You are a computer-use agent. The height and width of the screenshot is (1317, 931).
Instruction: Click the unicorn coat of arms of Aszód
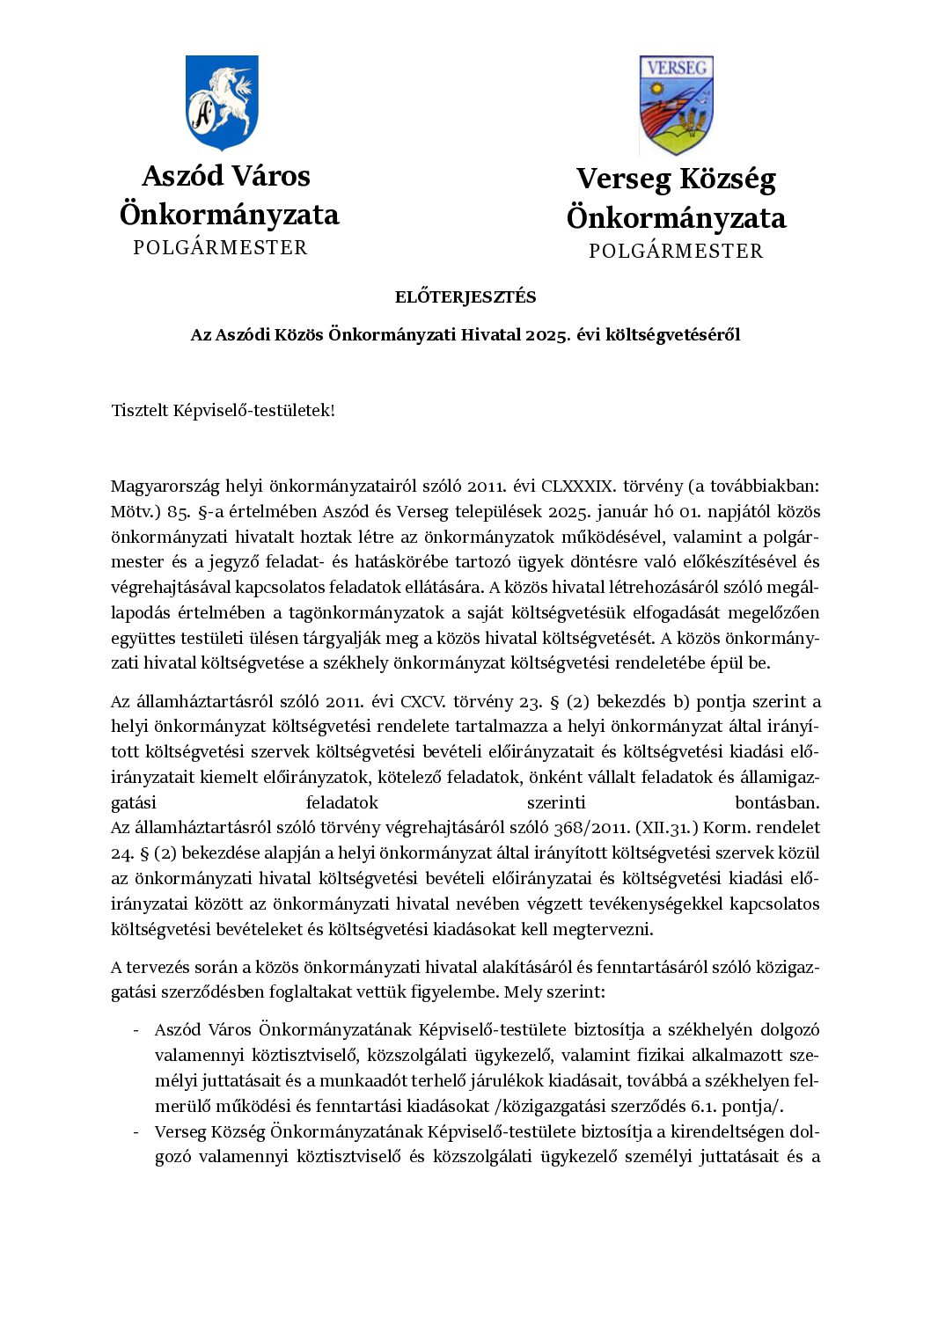[x=221, y=103]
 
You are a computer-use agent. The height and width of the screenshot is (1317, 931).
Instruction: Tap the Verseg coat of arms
[x=676, y=106]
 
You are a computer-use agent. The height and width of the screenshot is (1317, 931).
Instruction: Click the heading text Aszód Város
[x=226, y=176]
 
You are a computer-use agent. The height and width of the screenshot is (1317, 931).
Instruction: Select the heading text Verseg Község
[x=676, y=179]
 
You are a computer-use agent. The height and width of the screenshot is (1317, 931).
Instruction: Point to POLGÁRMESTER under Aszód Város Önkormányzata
[x=220, y=248]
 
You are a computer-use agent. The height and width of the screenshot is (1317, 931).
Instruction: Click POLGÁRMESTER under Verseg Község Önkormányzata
[x=676, y=252]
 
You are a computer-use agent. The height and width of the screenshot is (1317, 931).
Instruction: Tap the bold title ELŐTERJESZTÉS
[x=465, y=297]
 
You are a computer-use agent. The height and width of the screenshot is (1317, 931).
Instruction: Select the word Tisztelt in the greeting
[x=139, y=411]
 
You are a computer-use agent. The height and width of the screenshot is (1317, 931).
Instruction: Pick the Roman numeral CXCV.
[x=423, y=702]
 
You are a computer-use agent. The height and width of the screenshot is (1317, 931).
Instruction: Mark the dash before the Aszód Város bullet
[x=136, y=1030]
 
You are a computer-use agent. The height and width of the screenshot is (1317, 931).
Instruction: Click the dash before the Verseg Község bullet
[x=136, y=1132]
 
